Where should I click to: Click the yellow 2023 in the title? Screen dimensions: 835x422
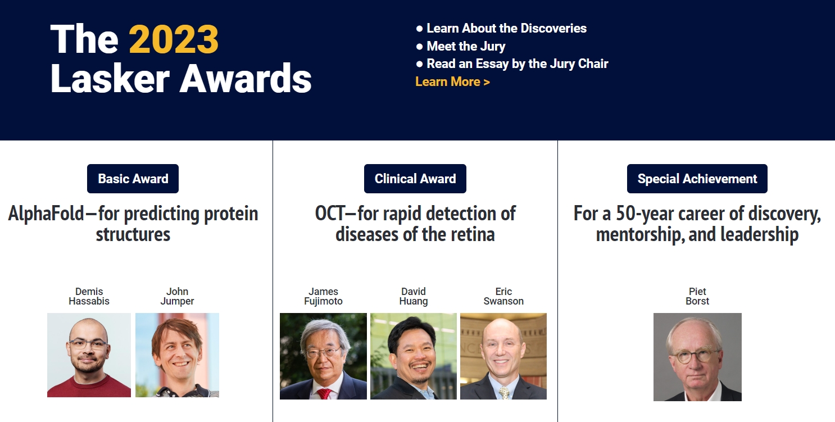tap(174, 39)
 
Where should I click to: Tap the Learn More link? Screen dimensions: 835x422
tap(452, 81)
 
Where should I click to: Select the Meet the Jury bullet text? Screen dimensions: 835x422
tap(466, 46)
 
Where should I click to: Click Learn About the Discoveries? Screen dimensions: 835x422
tap(507, 28)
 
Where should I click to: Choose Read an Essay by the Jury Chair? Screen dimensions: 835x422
tap(518, 63)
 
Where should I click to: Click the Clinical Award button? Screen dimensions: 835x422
tap(415, 179)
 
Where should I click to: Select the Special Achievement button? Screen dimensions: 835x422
tap(697, 179)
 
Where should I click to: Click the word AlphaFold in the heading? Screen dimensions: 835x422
tap(46, 214)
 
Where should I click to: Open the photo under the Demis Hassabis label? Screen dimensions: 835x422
tap(89, 355)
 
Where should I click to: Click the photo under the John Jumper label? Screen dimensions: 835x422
tap(177, 355)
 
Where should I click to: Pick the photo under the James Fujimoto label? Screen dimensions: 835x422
tap(323, 356)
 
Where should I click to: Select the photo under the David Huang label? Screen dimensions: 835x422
tap(414, 356)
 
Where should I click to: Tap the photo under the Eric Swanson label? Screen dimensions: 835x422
tap(503, 356)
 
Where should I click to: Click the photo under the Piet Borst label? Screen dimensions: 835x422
tap(697, 357)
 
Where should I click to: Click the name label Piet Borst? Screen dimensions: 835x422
tap(697, 296)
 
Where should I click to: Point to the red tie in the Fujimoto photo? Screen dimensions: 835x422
tap(324, 394)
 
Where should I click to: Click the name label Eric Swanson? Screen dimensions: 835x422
tap(503, 296)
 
